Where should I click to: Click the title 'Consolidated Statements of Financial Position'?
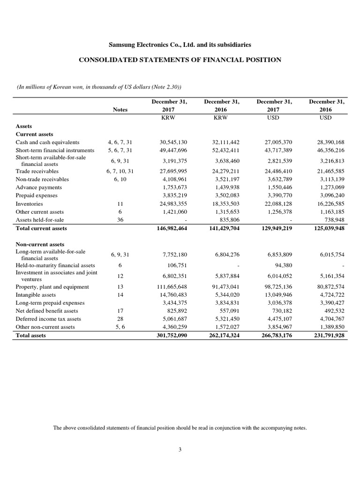click(180, 60)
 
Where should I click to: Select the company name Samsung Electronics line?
click(180, 45)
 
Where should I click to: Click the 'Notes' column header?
click(120, 109)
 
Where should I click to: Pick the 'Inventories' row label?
click(29, 204)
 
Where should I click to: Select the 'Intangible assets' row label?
click(36, 294)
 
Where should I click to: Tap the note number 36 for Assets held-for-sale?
click(120, 220)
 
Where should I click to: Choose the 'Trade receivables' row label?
click(37, 172)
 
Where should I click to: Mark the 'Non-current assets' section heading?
click(40, 244)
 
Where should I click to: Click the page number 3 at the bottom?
click(180, 450)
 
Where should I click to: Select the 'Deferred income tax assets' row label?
click(48, 318)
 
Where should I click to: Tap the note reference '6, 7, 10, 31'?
click(120, 172)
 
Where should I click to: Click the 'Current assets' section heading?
click(35, 134)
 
